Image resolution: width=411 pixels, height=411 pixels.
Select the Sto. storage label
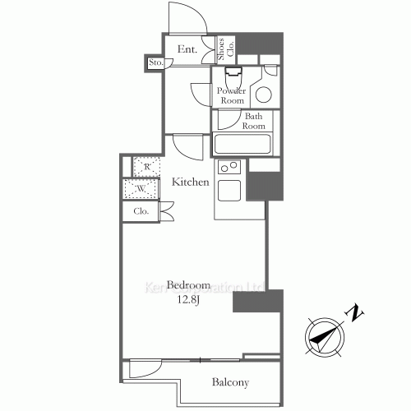click(155, 62)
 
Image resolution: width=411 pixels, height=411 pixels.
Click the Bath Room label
click(254, 121)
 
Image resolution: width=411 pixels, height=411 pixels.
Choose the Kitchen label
click(190, 182)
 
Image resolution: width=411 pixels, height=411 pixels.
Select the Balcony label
click(230, 382)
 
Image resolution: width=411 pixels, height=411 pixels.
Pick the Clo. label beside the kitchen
click(141, 211)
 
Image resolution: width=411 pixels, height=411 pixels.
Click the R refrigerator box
click(145, 167)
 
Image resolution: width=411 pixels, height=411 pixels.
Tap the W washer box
click(141, 189)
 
